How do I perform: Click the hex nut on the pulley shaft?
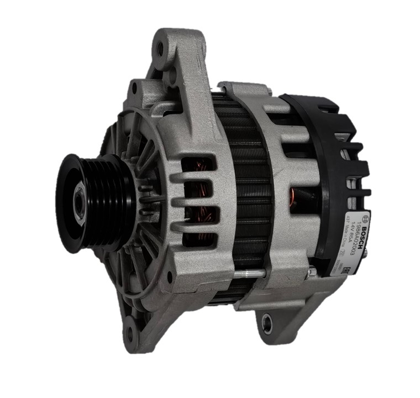(80, 203)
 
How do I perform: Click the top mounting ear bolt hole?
(160, 49)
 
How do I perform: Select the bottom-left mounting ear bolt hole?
(131, 332)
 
